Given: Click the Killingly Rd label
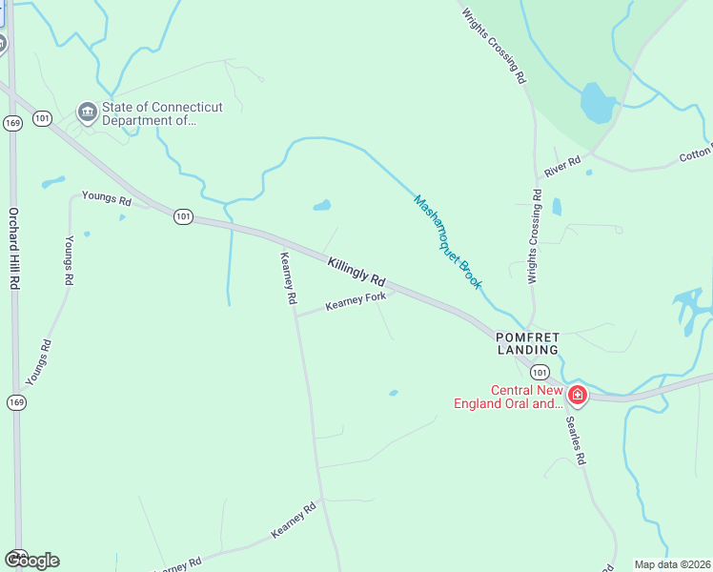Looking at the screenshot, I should (356, 272).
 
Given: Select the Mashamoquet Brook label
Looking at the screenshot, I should (448, 242).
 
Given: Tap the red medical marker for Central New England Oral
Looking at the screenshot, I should (577, 394).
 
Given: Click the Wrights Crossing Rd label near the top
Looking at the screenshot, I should (494, 46).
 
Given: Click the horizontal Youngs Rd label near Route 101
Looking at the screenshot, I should (106, 199).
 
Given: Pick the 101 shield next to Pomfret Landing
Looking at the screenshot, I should (540, 372).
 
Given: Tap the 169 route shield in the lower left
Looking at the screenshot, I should (16, 402).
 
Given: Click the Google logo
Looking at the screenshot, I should (32, 561).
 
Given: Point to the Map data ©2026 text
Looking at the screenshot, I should (672, 564).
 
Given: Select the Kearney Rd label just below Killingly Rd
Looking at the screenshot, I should (288, 277).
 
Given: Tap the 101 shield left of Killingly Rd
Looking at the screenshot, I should (183, 217).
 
